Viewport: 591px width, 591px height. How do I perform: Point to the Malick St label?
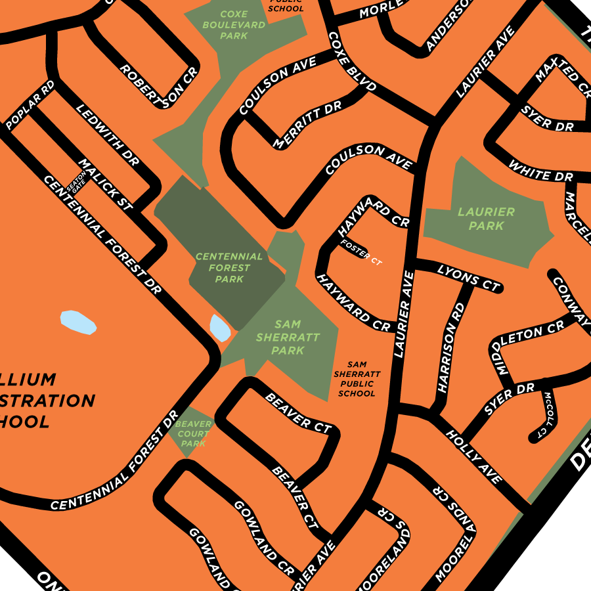point(105,185)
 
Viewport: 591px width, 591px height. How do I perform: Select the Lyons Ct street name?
point(468,278)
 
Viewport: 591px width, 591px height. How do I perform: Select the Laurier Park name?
point(486,219)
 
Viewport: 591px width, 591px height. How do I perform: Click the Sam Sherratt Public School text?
point(357,379)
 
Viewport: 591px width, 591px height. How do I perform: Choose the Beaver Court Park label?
point(193,434)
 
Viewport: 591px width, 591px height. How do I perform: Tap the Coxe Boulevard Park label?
point(234,24)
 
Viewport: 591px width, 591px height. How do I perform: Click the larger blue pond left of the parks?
point(78,322)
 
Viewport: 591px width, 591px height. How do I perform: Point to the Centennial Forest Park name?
point(229,268)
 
